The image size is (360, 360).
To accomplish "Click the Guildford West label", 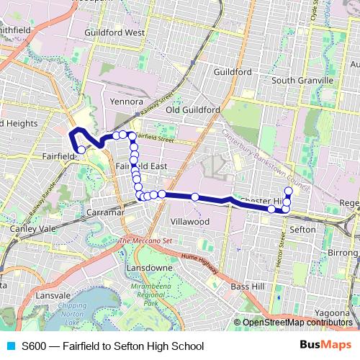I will tap(114, 33).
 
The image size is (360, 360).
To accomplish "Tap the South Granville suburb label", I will tap(299, 80).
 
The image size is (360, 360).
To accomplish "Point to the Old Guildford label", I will tap(192, 110).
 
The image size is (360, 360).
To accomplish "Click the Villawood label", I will tap(190, 222).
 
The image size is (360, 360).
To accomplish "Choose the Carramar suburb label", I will tap(105, 214).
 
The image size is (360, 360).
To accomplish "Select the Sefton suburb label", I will tap(302, 229).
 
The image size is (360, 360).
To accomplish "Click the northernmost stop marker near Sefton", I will tap(288, 191).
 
